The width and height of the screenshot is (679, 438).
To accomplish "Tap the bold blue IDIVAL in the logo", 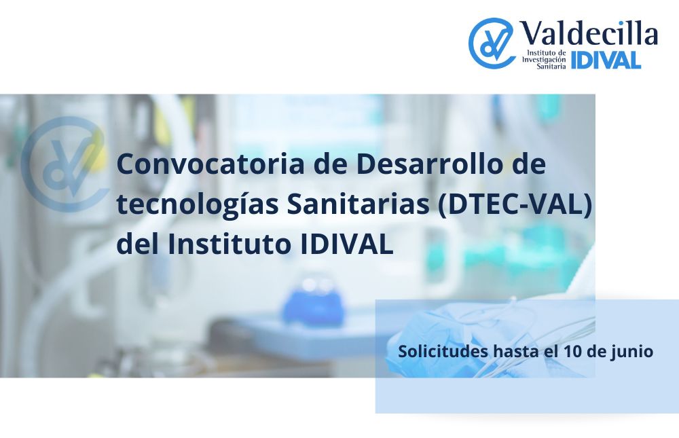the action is click(606, 60).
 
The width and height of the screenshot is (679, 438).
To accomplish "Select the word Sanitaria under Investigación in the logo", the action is click(551, 67).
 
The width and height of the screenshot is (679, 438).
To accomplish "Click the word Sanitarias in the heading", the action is click(358, 204).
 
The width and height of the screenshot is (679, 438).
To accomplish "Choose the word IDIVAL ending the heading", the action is click(346, 244).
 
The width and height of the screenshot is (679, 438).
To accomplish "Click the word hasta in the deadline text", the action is click(515, 351).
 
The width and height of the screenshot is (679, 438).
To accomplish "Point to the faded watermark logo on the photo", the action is click(65, 164).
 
